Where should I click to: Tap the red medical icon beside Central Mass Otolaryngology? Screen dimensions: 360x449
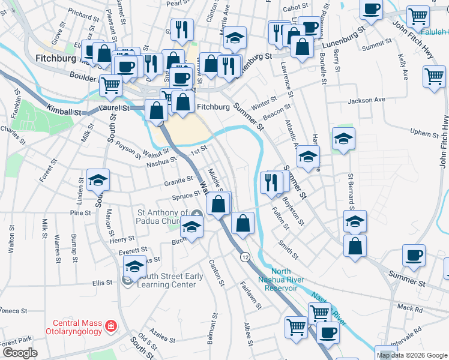pos(110,326)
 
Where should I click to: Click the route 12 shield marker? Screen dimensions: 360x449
pos(245,257)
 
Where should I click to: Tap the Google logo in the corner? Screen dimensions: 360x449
pos(20,353)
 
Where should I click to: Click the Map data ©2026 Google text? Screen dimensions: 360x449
pos(412,355)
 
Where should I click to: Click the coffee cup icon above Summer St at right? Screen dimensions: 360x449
pos(414,254)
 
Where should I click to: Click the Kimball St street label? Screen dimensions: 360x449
pos(64,112)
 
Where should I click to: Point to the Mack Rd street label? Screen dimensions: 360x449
pos(410,308)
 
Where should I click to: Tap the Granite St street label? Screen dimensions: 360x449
pos(178,179)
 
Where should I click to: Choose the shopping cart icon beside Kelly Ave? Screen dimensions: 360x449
pos(434,76)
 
